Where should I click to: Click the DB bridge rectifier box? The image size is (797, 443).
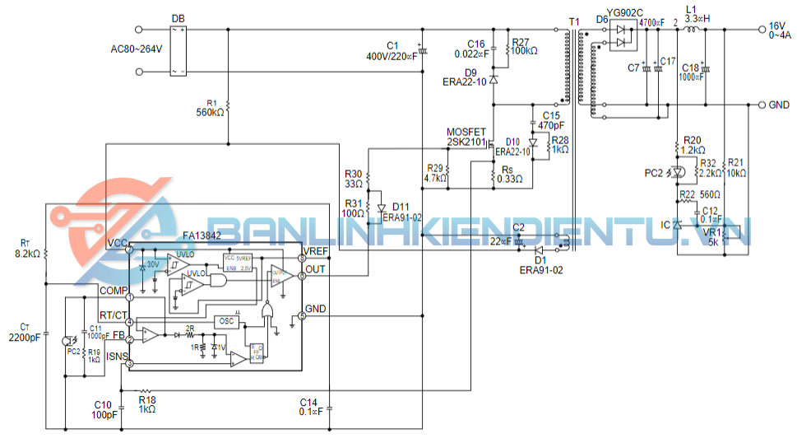click(x=178, y=50)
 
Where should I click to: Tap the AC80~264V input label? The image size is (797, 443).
click(x=137, y=49)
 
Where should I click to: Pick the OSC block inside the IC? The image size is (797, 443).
click(x=225, y=321)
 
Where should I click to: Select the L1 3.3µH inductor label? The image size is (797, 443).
click(x=696, y=13)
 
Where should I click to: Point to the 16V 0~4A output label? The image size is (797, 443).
click(x=776, y=30)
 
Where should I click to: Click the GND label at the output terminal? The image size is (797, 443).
click(x=778, y=105)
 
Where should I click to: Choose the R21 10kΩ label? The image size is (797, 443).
click(x=736, y=168)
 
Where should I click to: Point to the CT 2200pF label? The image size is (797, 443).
click(x=25, y=332)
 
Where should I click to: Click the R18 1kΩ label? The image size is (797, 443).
click(x=147, y=404)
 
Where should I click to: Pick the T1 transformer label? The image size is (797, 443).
click(x=573, y=20)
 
